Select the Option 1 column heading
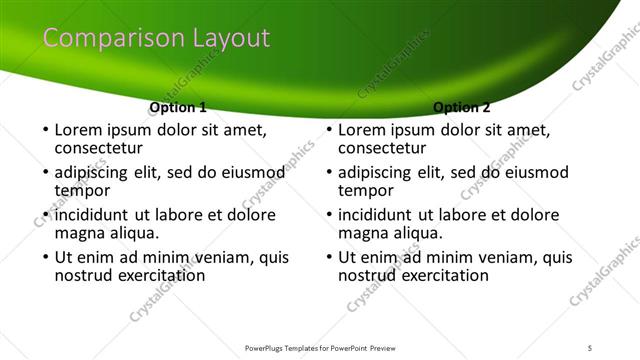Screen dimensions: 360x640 (178, 107)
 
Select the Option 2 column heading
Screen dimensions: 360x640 (462, 107)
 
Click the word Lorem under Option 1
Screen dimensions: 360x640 (79, 130)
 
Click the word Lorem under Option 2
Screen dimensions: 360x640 (363, 130)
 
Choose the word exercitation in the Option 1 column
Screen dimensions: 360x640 (158, 276)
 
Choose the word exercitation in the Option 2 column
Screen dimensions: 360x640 (442, 276)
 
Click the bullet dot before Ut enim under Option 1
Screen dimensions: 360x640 (44, 258)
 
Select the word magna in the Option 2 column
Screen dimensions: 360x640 (362, 233)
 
